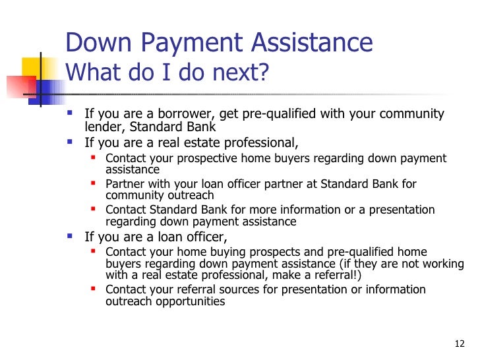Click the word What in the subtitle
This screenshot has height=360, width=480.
[x=92, y=73]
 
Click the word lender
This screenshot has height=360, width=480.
[x=101, y=127]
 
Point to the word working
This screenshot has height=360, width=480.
[x=444, y=264]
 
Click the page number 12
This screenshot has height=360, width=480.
[x=460, y=344]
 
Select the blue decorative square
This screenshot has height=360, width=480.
[x=46, y=88]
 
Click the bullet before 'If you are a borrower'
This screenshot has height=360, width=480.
[x=71, y=113]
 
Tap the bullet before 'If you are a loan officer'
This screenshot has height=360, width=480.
[x=71, y=235]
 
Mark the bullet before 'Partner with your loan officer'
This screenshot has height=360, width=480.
[x=93, y=184]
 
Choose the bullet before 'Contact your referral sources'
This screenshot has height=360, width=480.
[x=93, y=289]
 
